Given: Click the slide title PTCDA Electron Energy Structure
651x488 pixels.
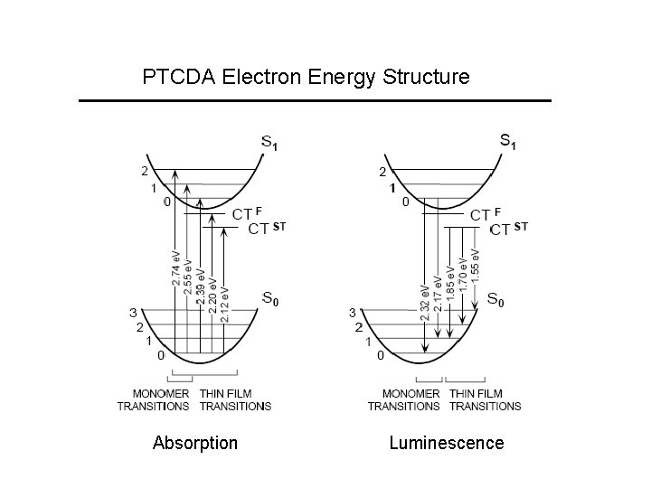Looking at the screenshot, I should point(306,77).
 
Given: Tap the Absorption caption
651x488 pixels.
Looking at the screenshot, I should point(195,443).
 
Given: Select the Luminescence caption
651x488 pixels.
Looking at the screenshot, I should point(447,443).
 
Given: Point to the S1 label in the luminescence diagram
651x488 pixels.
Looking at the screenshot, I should point(509,141).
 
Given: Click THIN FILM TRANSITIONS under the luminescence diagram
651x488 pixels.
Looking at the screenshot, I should point(485,399).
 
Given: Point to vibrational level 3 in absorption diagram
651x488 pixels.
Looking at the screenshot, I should point(133,313).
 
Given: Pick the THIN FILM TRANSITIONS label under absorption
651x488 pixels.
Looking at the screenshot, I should point(235,399).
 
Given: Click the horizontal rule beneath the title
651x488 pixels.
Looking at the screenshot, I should point(315,100).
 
